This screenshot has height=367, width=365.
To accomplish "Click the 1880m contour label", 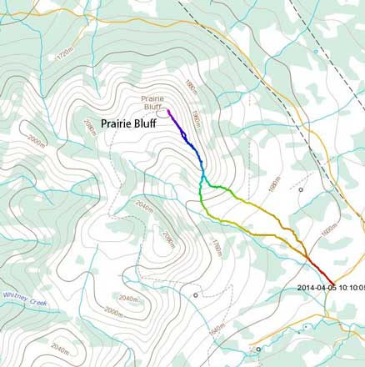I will coord(191,88).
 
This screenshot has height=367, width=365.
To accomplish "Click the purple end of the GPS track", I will coord(168,110).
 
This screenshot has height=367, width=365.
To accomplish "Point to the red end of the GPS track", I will coord(332,283).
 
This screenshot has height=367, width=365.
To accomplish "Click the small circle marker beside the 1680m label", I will coord(301,190).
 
